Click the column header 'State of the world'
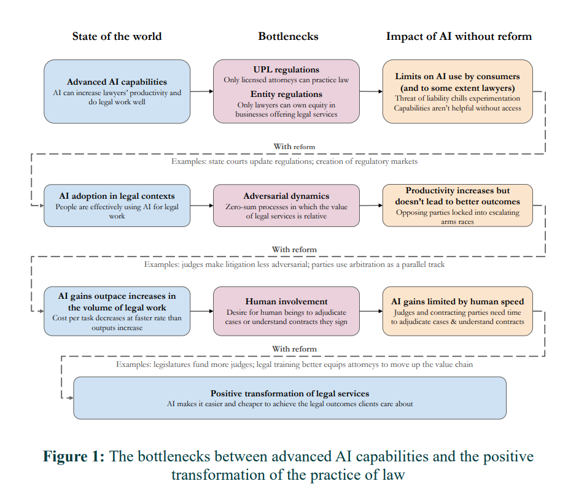[x=117, y=36]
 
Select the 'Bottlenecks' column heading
[x=288, y=36]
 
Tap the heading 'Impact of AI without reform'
[x=459, y=36]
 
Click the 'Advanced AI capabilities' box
[x=117, y=91]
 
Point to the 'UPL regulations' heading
[x=286, y=70]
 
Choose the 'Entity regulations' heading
[x=286, y=94]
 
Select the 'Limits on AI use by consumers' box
[x=457, y=91]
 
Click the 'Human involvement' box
[x=286, y=311]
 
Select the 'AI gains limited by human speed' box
[x=457, y=311]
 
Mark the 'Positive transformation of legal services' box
[x=290, y=398]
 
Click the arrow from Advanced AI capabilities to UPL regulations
[x=201, y=91]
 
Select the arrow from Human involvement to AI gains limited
[x=371, y=311]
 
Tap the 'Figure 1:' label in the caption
[x=73, y=457]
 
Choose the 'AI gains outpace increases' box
[x=117, y=311]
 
